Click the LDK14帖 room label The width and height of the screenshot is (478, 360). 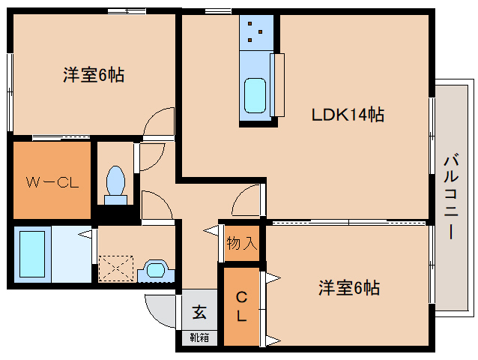click(348, 115)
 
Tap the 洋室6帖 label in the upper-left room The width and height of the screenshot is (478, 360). click(94, 75)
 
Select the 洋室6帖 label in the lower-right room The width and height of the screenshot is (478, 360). click(349, 288)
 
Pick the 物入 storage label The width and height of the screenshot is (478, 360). click(242, 244)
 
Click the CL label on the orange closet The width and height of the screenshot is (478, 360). click(240, 306)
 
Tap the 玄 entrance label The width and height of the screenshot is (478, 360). click(199, 310)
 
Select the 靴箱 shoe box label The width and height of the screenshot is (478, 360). click(199, 337)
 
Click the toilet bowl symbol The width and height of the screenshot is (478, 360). click(115, 184)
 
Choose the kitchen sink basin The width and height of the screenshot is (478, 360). click(255, 94)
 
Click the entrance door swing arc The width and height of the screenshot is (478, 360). click(159, 307)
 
